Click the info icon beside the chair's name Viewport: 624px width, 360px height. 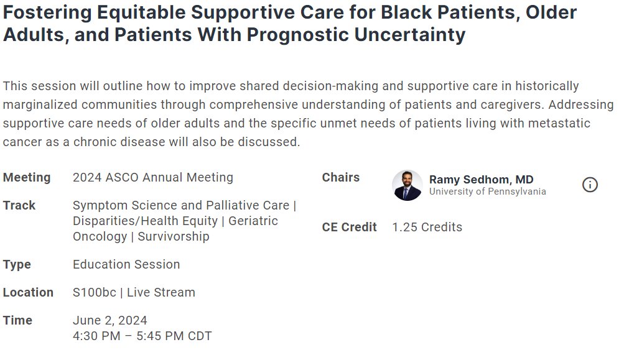pyautogui.click(x=590, y=185)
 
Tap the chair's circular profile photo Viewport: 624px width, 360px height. pyautogui.click(x=407, y=185)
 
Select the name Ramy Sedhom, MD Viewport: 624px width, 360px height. pyautogui.click(x=481, y=180)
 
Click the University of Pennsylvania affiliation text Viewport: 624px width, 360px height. pyautogui.click(x=488, y=192)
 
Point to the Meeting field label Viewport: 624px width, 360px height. pyautogui.click(x=27, y=177)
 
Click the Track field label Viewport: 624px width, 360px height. pyautogui.click(x=19, y=205)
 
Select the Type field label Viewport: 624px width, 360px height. pyautogui.click(x=17, y=264)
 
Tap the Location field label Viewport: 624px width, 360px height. pyautogui.click(x=28, y=292)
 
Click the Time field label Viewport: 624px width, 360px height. pyautogui.click(x=17, y=320)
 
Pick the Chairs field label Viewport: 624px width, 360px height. pyautogui.click(x=341, y=177)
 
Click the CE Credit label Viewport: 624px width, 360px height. pyautogui.click(x=349, y=227)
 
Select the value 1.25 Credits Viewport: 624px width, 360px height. pyautogui.click(x=427, y=227)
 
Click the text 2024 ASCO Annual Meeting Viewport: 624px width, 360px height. pyautogui.click(x=153, y=177)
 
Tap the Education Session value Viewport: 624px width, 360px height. pyautogui.click(x=126, y=264)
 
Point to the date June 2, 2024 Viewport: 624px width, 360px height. pyautogui.click(x=110, y=320)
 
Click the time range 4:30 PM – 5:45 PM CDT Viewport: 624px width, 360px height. pyautogui.click(x=142, y=336)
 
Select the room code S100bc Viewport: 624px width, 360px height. pyautogui.click(x=95, y=292)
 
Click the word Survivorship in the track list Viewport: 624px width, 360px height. pyautogui.click(x=174, y=236)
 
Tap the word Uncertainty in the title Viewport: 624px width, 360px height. pyautogui.click(x=410, y=35)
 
